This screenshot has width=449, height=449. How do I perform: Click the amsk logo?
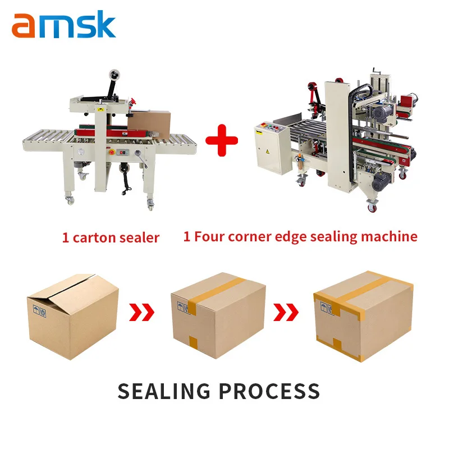(63, 25)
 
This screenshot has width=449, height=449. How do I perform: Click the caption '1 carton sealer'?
(111, 237)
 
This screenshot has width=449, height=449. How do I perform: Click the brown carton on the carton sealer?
(150, 122)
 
